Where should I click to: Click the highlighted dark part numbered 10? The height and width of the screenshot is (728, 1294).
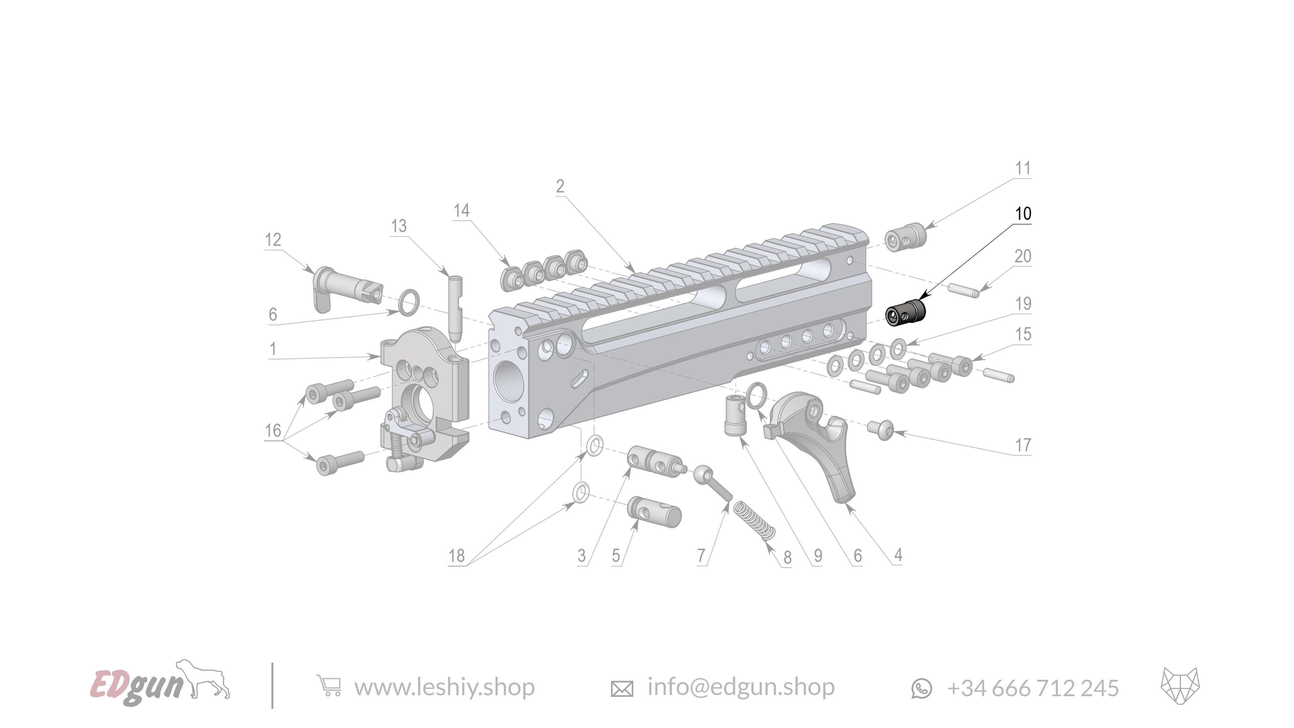(905, 313)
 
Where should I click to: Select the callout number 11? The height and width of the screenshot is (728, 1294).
(1023, 168)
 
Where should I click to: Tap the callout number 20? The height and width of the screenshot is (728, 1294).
(1023, 256)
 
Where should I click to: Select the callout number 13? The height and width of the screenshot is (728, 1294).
(399, 226)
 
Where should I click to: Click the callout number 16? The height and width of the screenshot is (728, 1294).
(273, 431)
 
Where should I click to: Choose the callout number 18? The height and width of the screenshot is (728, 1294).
(456, 556)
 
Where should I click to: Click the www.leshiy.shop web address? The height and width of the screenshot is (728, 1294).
(444, 687)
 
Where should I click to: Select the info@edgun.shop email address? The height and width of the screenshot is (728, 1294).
(741, 687)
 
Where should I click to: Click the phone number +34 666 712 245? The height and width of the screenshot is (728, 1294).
(1033, 688)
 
